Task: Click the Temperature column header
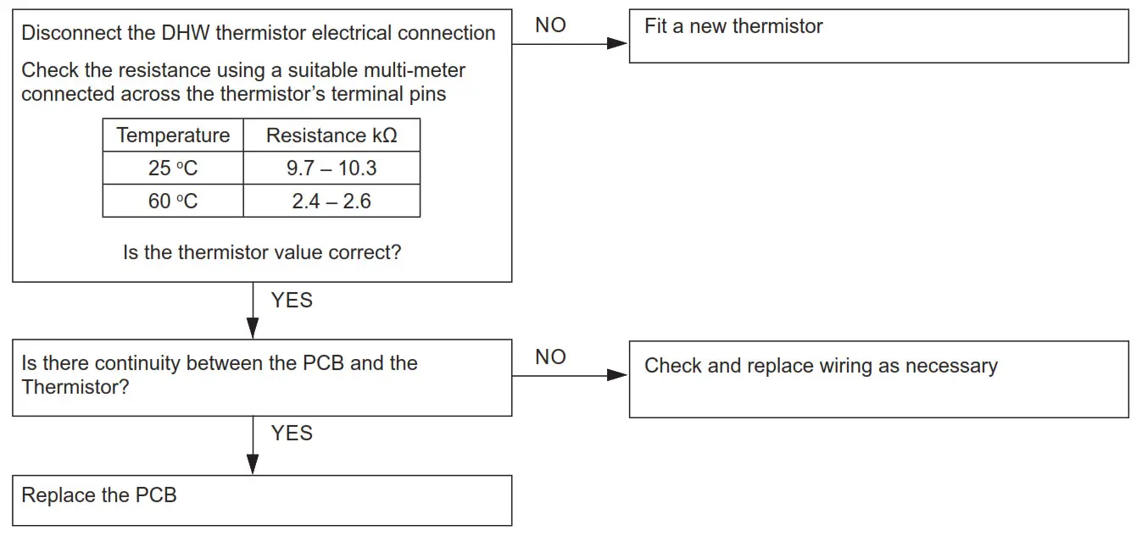(x=173, y=135)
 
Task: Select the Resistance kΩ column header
(x=331, y=135)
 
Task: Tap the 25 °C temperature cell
(x=173, y=169)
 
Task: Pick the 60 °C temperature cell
(x=173, y=202)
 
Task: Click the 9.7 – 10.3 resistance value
(x=331, y=169)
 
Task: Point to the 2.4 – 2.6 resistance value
(x=331, y=202)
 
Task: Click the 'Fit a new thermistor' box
(x=878, y=36)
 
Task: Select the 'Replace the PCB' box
(x=262, y=500)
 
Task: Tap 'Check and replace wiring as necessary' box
(x=878, y=379)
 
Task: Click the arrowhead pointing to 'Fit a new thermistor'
(x=617, y=43)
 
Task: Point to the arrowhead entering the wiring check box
(x=617, y=374)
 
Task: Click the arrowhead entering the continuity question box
(x=253, y=328)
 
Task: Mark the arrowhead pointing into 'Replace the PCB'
(x=253, y=463)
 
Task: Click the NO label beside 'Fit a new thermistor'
(x=550, y=25)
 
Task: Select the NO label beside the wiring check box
(x=550, y=357)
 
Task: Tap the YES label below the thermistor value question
(x=292, y=301)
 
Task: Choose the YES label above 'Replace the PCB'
(x=292, y=434)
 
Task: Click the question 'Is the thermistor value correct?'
(x=262, y=252)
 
